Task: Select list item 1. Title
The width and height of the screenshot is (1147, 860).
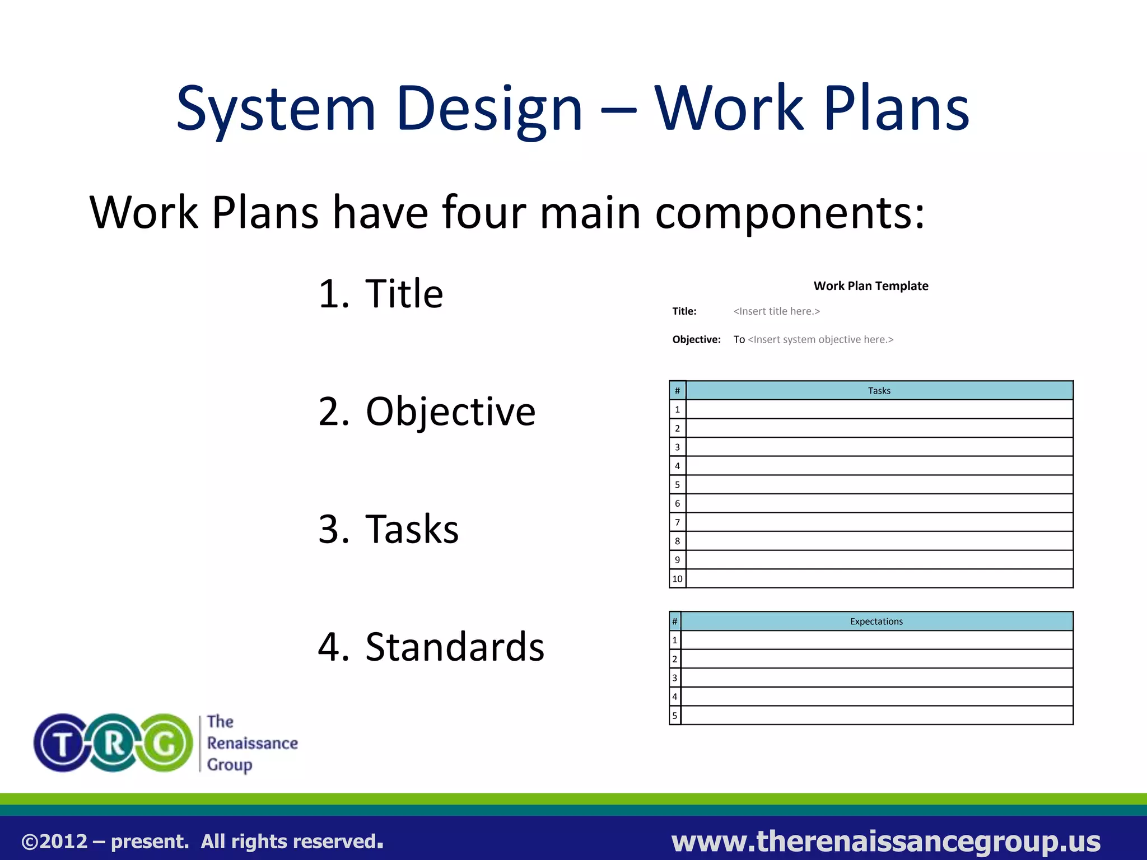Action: [381, 293]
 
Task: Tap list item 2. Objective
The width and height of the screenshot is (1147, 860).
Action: [427, 412]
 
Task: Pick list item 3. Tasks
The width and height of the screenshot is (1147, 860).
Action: [388, 529]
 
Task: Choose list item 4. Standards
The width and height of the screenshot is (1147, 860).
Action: [431, 647]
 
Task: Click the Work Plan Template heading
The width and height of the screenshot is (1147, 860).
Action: [870, 286]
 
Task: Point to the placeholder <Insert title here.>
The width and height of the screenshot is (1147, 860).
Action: [776, 311]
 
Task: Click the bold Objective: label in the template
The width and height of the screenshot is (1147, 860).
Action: [696, 339]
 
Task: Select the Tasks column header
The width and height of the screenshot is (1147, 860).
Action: [879, 391]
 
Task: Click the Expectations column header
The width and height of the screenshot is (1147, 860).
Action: [876, 621]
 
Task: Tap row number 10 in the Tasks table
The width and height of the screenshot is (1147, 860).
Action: [677, 579]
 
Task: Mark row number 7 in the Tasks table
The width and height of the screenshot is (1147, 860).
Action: [677, 522]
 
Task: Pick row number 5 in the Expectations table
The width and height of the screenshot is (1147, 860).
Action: [675, 716]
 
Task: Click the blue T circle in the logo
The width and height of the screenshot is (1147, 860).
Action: [62, 744]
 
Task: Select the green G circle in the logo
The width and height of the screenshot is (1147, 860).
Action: [165, 744]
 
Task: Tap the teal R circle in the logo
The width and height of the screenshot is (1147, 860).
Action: [114, 744]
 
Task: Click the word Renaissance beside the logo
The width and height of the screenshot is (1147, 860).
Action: [252, 743]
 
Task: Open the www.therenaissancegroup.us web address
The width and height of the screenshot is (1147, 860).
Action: [885, 842]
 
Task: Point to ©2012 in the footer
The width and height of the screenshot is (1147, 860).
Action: [54, 842]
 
